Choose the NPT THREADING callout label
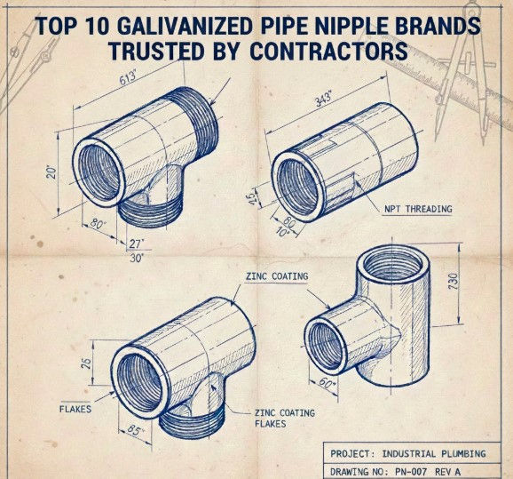click(418, 210)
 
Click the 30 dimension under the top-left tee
click(136, 259)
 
